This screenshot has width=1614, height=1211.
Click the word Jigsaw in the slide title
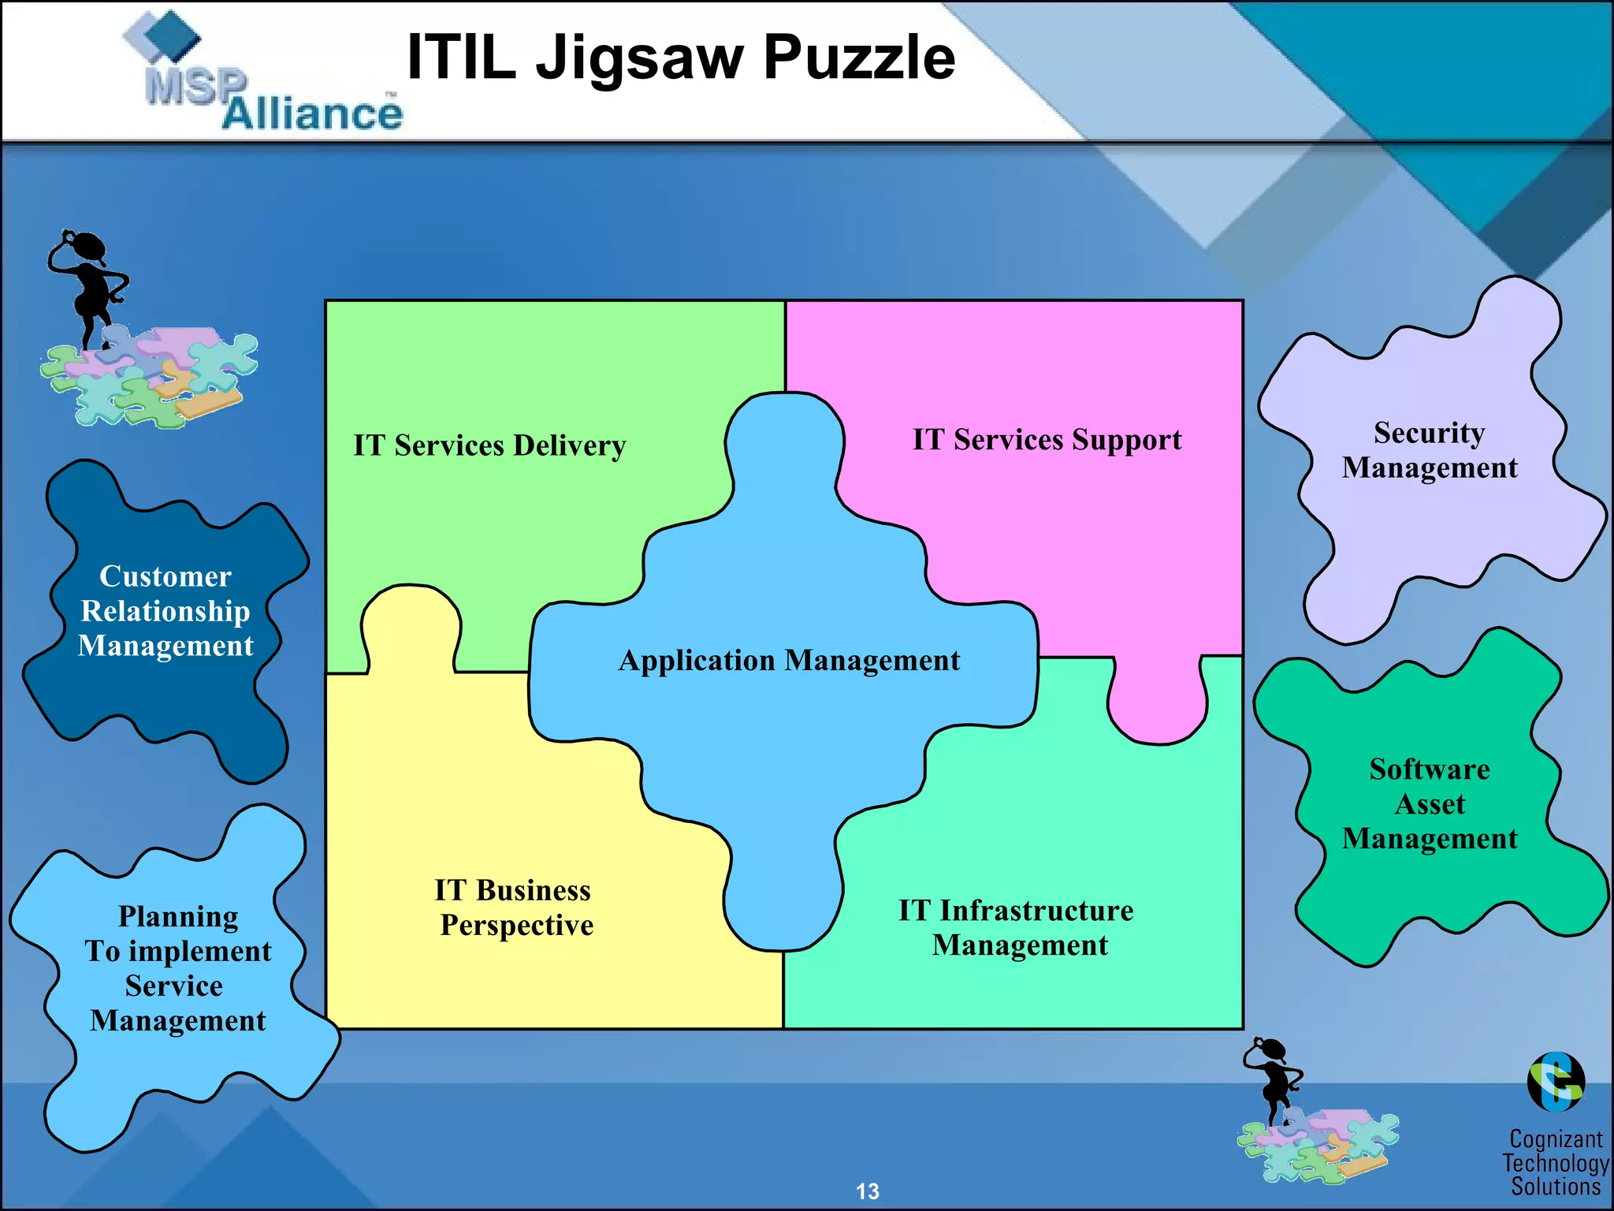click(640, 58)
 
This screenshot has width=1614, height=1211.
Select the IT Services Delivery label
click(489, 445)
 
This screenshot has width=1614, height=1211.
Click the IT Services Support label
click(1047, 440)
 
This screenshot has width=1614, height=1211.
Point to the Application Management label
click(790, 661)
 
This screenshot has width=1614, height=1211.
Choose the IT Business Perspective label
click(515, 907)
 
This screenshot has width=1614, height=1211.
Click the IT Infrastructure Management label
click(1017, 928)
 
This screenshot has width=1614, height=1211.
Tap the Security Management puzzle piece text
click(1430, 450)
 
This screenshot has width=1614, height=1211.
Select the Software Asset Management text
click(1430, 803)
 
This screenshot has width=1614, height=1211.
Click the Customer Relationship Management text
click(165, 611)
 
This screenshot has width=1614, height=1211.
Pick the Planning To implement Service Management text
click(178, 968)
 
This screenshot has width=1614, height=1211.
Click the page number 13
click(868, 1191)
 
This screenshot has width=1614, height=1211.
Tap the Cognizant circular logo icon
click(1556, 1082)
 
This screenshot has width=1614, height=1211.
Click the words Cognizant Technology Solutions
click(1556, 1162)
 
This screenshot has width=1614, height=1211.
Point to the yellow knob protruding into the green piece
click(411, 627)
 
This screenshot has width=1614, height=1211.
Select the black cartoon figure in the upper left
click(87, 289)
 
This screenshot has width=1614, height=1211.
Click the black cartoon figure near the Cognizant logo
click(1272, 1080)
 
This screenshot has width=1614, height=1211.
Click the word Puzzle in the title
click(860, 58)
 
